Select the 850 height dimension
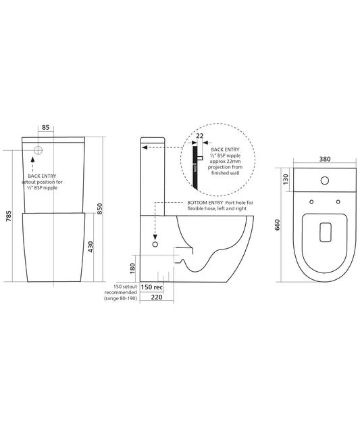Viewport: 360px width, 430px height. [100, 208]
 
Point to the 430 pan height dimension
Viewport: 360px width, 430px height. [89, 247]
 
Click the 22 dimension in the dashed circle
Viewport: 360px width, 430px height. [199, 135]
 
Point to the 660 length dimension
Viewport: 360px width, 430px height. [278, 226]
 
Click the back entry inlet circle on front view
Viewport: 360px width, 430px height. [39, 150]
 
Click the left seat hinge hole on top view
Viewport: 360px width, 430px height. [311, 201]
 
